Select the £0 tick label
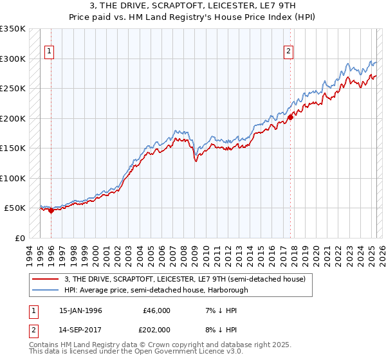[x=19, y=238]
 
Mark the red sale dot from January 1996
[x=51, y=210]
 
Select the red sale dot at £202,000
[x=290, y=117]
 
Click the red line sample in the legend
[x=46, y=279]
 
